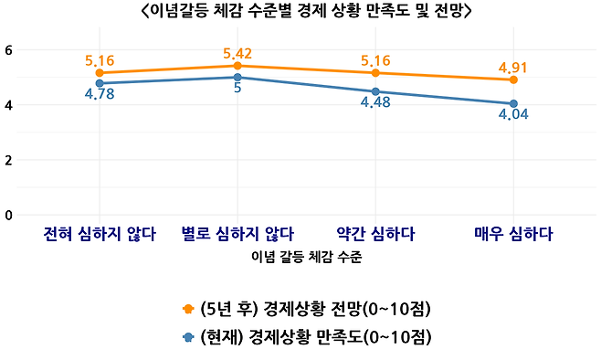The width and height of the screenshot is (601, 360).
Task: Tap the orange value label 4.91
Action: pyautogui.click(x=513, y=67)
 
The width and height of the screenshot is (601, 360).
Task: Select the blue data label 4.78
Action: pyautogui.click(x=99, y=94)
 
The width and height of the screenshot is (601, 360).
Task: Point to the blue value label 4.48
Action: pyautogui.click(x=376, y=102)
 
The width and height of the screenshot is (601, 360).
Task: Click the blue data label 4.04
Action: pyautogui.click(x=514, y=115)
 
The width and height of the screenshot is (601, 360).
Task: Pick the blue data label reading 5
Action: pyautogui.click(x=237, y=90)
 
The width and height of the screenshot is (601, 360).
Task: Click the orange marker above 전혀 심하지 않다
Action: pyautogui.click(x=99, y=73)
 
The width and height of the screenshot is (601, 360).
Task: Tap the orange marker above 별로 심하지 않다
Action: pyautogui.click(x=237, y=66)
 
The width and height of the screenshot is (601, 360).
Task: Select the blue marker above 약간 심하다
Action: pyautogui.click(x=375, y=91)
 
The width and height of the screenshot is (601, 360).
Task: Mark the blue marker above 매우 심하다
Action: pyautogui.click(x=514, y=103)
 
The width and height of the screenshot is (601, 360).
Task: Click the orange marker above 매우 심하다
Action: pyautogui.click(x=514, y=79)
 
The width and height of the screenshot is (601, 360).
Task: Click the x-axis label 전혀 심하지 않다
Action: pyautogui.click(x=99, y=233)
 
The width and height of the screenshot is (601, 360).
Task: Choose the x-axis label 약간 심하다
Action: pyautogui.click(x=375, y=233)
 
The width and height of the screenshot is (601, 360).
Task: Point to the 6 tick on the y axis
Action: pyautogui.click(x=9, y=49)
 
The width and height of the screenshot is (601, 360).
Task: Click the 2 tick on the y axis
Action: pyautogui.click(x=9, y=160)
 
